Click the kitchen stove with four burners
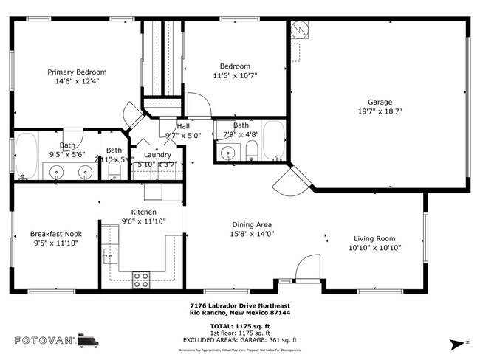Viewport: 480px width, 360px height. [x=141, y=280]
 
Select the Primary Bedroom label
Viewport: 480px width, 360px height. [x=77, y=72]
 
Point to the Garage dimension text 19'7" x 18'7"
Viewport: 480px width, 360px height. [x=380, y=112]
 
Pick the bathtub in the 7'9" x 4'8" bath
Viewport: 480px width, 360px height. [x=274, y=140]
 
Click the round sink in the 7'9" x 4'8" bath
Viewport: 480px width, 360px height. [x=227, y=153]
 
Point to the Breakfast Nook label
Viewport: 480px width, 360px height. [x=56, y=234]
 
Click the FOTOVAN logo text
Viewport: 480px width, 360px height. [x=45, y=340]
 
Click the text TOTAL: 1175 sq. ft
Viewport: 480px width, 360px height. [x=240, y=325]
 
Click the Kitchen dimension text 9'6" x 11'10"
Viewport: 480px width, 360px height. [x=144, y=221]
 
